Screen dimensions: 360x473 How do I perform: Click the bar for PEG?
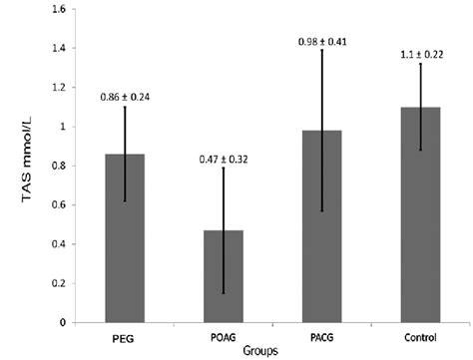(124, 238)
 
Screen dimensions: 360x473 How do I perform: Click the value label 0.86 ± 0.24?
(125, 97)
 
